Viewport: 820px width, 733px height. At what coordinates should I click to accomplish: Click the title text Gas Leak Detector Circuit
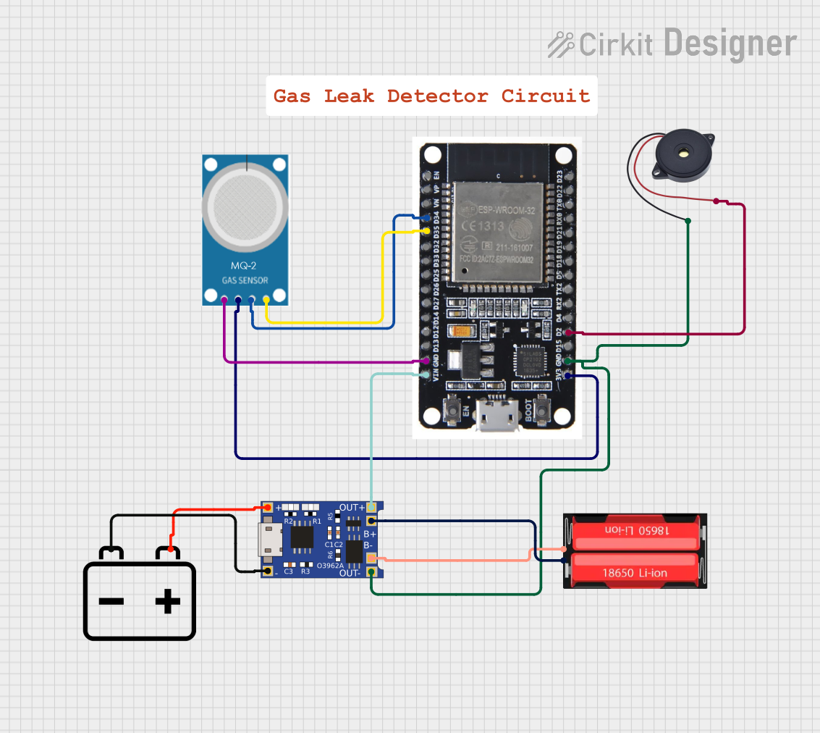tap(431, 96)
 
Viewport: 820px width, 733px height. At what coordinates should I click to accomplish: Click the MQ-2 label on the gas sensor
tap(244, 266)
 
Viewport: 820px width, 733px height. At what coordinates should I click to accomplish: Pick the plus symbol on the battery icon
tap(167, 600)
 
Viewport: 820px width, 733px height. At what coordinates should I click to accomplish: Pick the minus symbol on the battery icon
tap(111, 600)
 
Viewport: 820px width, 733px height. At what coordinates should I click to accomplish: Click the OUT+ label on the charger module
tap(352, 507)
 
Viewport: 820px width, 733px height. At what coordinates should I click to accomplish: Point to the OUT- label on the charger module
tap(351, 573)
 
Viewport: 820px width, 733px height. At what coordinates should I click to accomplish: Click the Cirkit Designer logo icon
tap(561, 45)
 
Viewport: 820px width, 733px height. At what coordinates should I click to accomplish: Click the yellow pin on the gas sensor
tap(266, 299)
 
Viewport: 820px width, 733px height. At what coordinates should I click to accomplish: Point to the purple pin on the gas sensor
tap(224, 299)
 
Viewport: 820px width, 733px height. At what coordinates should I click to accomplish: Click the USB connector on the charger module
tap(270, 540)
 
